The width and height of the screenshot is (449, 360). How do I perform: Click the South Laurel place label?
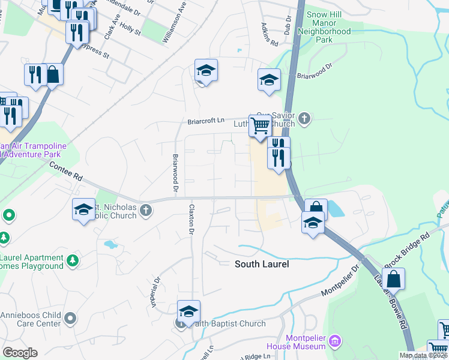pos(262,264)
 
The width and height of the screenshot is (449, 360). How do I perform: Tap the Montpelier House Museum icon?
pos(336,342)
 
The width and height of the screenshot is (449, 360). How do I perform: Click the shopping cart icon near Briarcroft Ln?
pos(260,127)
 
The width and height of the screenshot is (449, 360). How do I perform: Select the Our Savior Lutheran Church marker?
pos(304,118)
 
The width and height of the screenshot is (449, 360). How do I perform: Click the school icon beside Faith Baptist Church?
pos(188,311)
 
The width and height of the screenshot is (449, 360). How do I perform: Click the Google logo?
pos(20,353)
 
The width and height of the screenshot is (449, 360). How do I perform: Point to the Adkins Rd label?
pos(270,35)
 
